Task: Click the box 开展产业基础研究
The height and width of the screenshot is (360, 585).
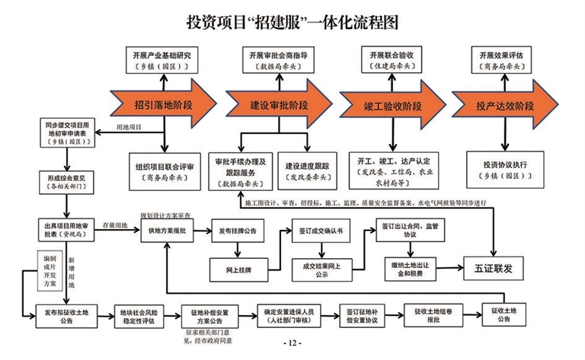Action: [165, 60]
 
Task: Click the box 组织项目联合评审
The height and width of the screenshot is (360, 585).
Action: [165, 170]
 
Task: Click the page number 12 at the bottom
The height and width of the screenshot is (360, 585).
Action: [292, 344]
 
